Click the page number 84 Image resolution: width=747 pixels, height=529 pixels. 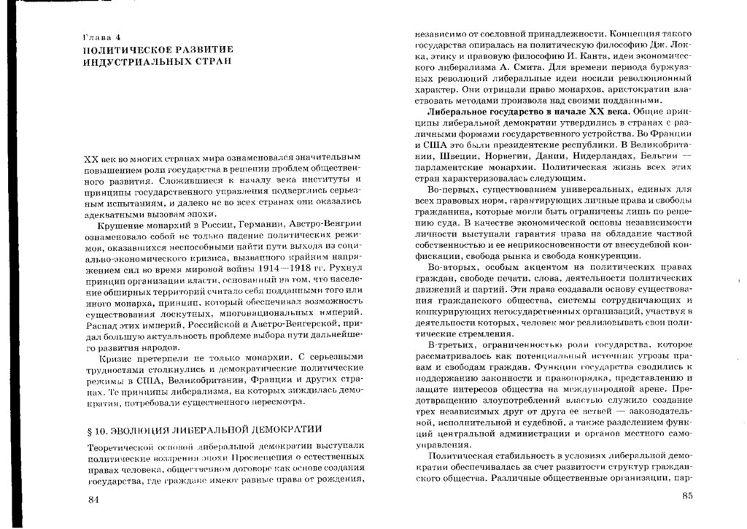(x=91, y=498)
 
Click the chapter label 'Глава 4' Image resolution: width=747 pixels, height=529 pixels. (x=104, y=36)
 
